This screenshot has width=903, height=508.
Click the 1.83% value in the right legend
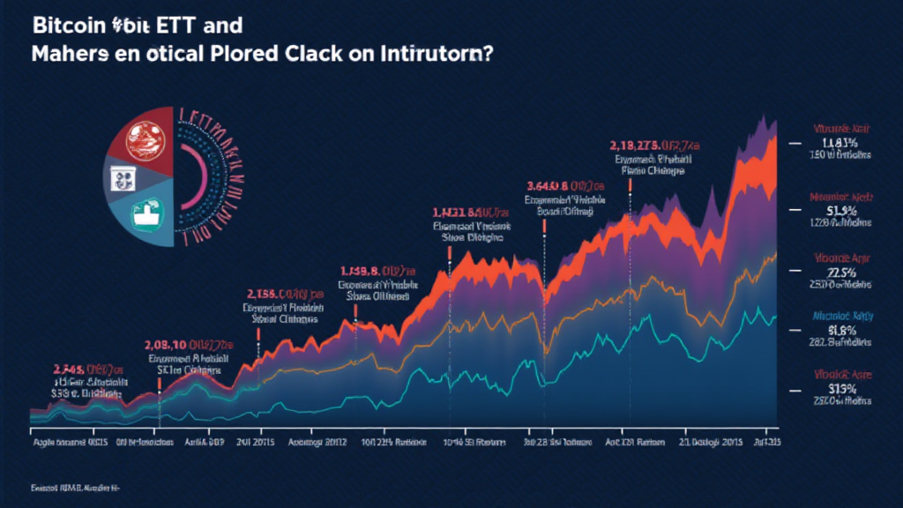click(x=839, y=142)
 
